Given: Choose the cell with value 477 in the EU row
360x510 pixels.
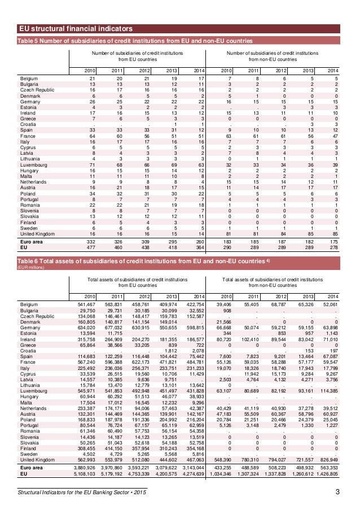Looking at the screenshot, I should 89,246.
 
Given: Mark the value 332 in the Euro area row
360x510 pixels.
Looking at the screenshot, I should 89,241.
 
